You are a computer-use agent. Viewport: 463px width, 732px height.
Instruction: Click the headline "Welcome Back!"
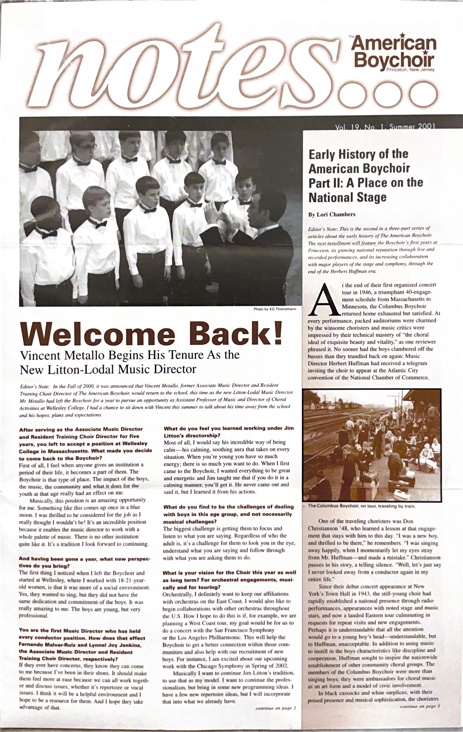(151, 334)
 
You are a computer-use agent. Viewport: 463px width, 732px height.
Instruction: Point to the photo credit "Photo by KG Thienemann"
(275, 309)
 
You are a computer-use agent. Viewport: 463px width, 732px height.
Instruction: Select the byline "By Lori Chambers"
(332, 214)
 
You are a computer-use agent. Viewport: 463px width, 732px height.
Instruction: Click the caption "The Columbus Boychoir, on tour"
(361, 506)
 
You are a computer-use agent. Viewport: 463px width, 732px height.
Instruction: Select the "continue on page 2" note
(276, 708)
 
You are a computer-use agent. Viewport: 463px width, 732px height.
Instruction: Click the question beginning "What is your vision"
(229, 576)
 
